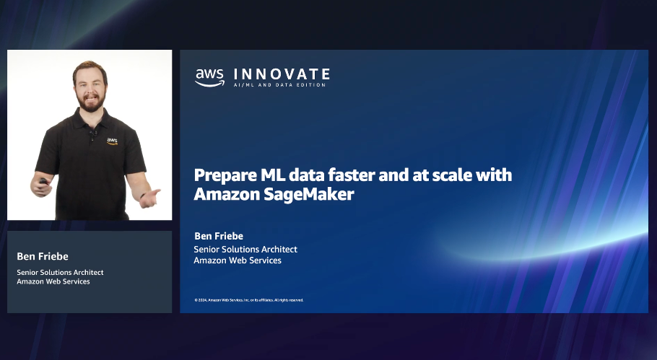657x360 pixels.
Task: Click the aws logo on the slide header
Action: pos(209,77)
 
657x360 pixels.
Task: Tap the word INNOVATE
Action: pos(282,74)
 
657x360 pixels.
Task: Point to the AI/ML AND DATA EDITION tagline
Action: pos(279,85)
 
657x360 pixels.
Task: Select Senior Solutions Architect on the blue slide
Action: pos(245,250)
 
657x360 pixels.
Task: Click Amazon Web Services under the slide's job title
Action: pos(238,260)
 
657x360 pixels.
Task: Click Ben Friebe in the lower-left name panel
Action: pos(38,256)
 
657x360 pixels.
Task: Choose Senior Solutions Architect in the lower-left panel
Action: pos(60,273)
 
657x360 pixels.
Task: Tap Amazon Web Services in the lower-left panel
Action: pos(53,281)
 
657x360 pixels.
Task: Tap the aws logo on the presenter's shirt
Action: pos(112,141)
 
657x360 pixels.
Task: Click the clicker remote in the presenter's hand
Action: pos(44,181)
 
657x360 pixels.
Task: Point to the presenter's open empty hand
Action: pos(149,196)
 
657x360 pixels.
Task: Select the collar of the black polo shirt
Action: pos(92,118)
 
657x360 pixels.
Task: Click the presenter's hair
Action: pos(90,67)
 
